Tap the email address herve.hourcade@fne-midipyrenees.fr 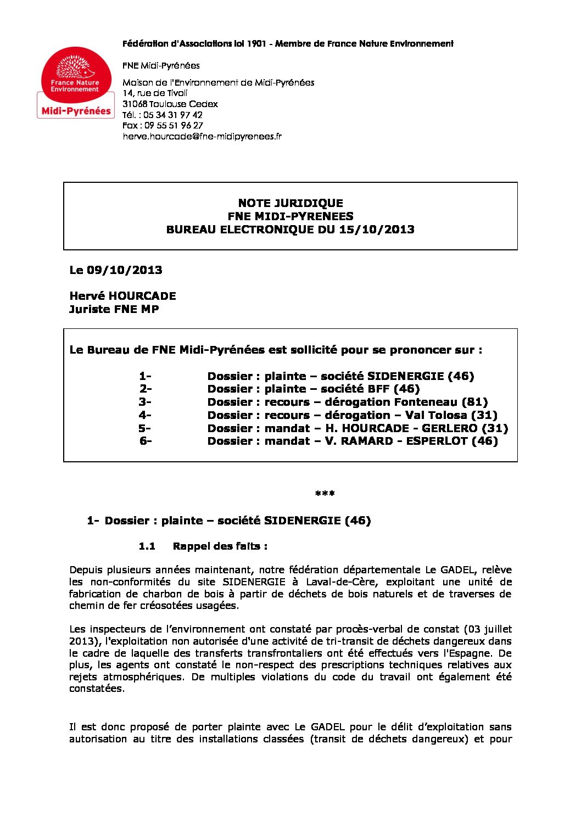coord(202,136)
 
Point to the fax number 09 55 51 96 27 coord(174,125)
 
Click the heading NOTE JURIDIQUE coord(290,203)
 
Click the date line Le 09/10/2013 coord(116,270)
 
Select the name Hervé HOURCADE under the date coord(122,296)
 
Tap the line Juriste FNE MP coord(114,309)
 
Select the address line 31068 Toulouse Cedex coord(170,104)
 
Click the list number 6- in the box coord(146,441)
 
